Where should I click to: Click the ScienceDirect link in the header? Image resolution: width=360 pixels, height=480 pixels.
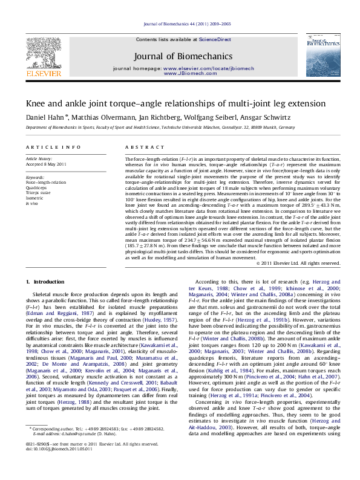coord(215,39)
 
